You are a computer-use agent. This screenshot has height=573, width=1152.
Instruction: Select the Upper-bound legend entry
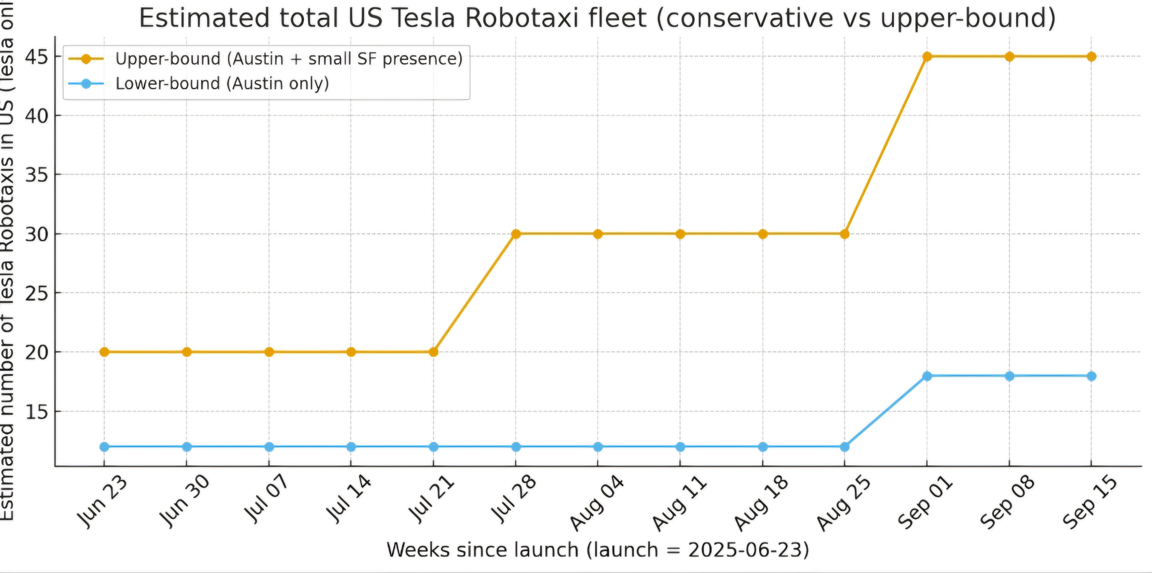coord(289,59)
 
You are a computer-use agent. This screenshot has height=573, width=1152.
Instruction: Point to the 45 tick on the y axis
coord(37,56)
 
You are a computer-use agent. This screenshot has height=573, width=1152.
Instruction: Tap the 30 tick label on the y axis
coord(37,234)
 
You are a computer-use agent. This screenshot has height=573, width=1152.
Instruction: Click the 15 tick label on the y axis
coord(37,411)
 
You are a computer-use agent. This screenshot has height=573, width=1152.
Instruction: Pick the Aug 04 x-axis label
coord(596,503)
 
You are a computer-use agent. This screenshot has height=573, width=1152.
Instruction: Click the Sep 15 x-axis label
coord(1090,503)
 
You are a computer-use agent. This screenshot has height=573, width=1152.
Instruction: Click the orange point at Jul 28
coord(516,234)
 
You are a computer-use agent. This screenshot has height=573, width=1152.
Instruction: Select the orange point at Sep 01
coord(927,56)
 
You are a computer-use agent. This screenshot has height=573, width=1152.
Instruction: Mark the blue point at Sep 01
coord(927,376)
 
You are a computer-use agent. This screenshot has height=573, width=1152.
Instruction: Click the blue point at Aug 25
coord(845,446)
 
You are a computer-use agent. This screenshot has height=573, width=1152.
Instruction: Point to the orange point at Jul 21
coord(433,352)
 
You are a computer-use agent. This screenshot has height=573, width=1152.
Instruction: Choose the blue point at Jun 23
coord(104,446)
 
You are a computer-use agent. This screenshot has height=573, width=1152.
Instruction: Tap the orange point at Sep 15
coord(1092,56)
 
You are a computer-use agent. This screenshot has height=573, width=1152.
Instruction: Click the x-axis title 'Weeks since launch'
coord(598,549)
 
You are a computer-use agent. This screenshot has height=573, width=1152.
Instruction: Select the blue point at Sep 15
coord(1092,376)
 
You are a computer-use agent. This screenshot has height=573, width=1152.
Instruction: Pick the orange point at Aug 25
coord(845,234)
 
